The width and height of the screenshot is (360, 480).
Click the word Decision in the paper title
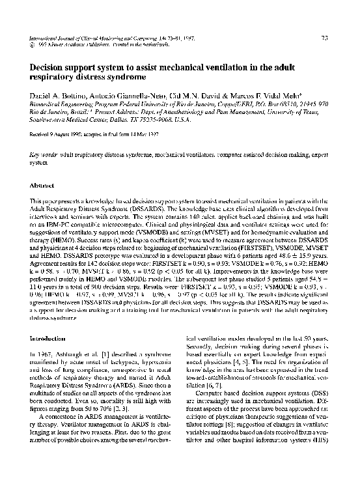coord(50,67)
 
